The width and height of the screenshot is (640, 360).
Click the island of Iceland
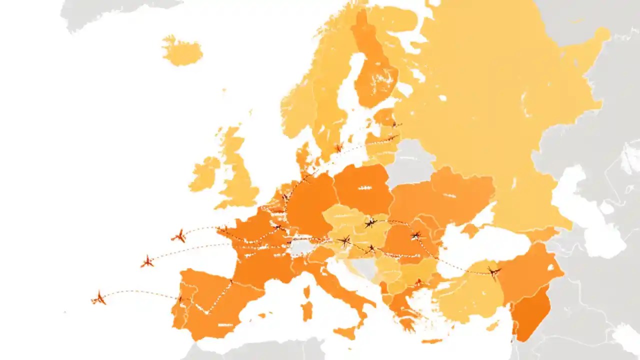pyautogui.click(x=182, y=51)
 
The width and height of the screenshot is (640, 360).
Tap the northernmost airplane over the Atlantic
pyautogui.click(x=178, y=236)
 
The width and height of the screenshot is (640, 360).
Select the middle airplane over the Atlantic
pyautogui.click(x=147, y=261)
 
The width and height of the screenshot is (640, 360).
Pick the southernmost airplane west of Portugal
pyautogui.click(x=98, y=298)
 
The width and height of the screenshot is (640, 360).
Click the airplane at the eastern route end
pyautogui.click(x=494, y=272)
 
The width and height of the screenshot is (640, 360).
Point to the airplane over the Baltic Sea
pyautogui.click(x=338, y=147)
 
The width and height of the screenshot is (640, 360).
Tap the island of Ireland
pyautogui.click(x=204, y=174)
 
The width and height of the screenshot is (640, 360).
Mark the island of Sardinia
pyautogui.click(x=306, y=310)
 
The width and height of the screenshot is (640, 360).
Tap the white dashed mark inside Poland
pyautogui.click(x=364, y=188)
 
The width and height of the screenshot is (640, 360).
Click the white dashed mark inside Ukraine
pyautogui.click(x=449, y=195)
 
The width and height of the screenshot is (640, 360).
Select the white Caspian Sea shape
pyautogui.click(x=585, y=210)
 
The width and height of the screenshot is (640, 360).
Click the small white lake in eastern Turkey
pyautogui.click(x=550, y=267)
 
